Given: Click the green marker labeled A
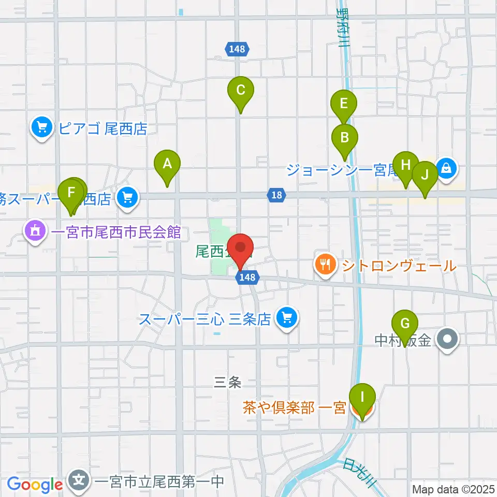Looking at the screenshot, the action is click(x=167, y=165).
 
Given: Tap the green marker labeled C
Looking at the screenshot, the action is click(x=241, y=91).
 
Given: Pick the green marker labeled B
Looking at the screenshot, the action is click(x=344, y=138).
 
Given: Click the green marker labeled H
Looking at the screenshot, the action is click(x=406, y=165).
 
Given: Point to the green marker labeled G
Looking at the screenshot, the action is click(x=405, y=324).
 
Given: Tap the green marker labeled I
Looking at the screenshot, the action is click(x=362, y=398).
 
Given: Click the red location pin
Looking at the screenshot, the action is click(x=241, y=247).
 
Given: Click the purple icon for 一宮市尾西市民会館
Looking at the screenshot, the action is click(x=35, y=231).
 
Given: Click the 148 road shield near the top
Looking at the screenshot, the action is click(x=238, y=49).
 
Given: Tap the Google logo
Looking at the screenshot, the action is click(x=35, y=485).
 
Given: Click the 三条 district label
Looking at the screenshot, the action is click(x=228, y=382).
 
